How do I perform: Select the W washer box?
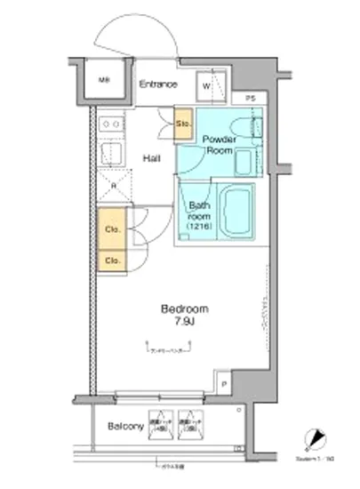pos(205,86)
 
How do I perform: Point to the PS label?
pos(251,97)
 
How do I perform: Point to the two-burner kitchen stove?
pos(113,124)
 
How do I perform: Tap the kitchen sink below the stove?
pos(113,155)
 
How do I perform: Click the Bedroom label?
pos(184,309)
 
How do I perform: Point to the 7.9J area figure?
pos(184,322)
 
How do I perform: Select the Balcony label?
pos(126,427)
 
